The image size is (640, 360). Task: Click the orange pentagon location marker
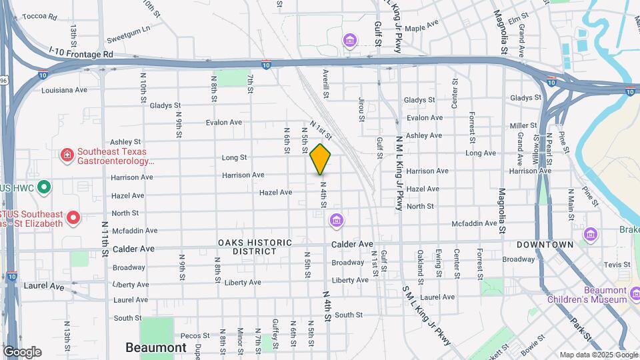point(321,159)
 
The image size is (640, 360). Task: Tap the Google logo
point(22,351)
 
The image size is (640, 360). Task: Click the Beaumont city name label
point(156,347)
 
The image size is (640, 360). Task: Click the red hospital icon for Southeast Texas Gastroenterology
point(67,156)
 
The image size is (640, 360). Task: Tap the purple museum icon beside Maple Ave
point(349,42)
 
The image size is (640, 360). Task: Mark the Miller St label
point(523,125)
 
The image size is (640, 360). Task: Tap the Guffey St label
point(275,330)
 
